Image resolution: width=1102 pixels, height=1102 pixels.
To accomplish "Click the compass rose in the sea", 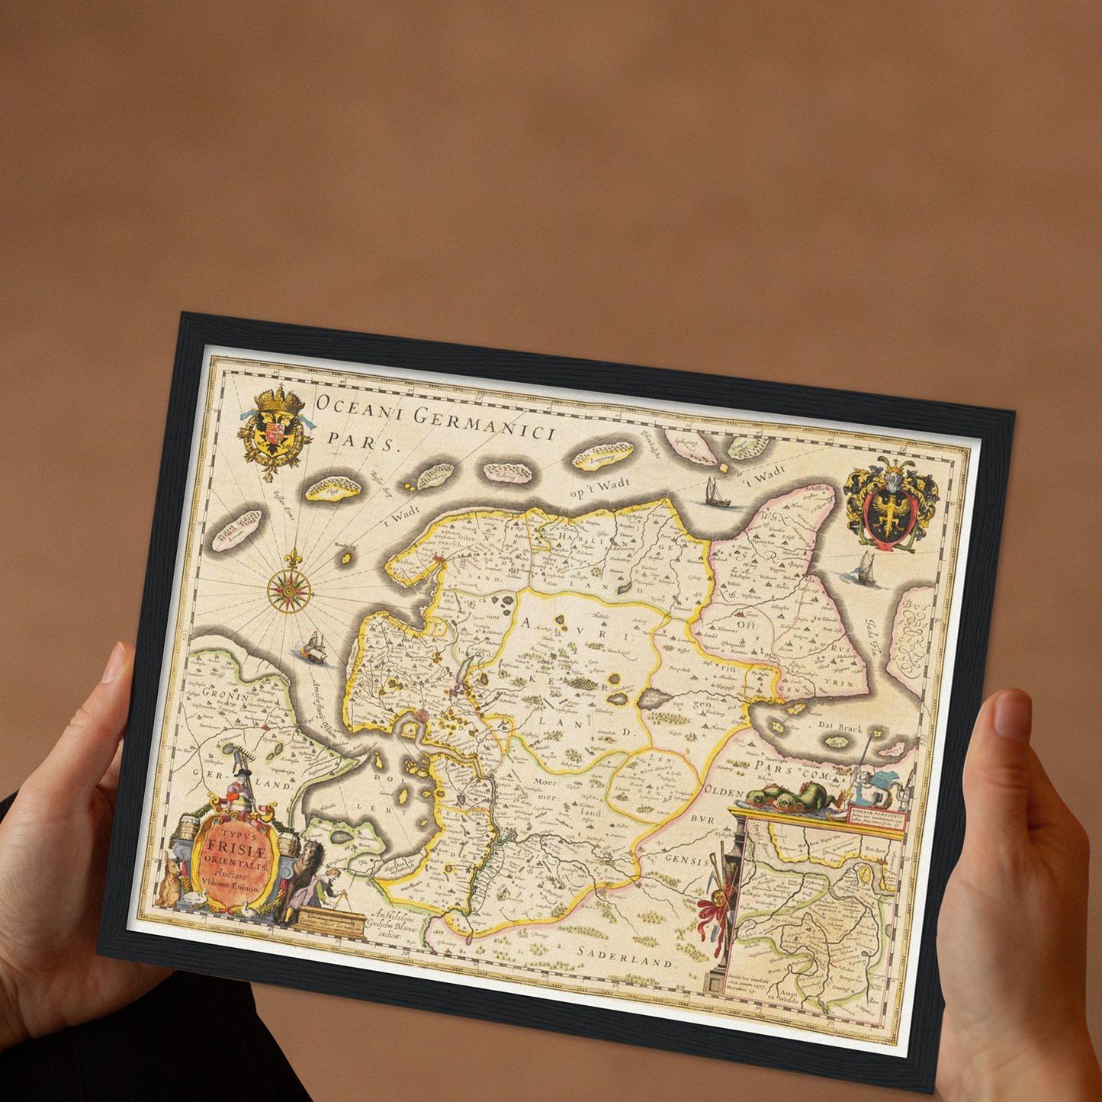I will coord(289,588).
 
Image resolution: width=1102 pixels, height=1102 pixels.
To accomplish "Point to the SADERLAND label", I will coord(626,956).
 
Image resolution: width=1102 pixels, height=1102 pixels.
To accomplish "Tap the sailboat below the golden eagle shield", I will coord(866,568).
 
